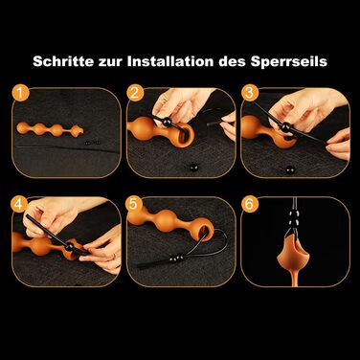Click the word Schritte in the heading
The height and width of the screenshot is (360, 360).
tap(63, 61)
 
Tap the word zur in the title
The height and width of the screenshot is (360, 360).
tap(110, 62)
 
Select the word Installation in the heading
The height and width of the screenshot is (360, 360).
tap(170, 61)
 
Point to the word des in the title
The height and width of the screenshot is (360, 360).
tap(232, 61)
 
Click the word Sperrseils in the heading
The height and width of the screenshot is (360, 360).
tap(289, 61)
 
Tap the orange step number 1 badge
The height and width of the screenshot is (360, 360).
tap(20, 93)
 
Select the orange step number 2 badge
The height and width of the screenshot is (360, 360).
tap(135, 93)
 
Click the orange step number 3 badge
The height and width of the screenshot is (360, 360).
tap(250, 93)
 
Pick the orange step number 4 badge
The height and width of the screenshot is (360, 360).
tap(19, 204)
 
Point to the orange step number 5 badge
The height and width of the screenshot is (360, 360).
tap(134, 204)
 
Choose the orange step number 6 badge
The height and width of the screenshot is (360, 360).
tap(250, 204)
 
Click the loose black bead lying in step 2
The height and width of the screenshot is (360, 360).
tap(193, 167)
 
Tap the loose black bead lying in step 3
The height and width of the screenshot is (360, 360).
tap(290, 170)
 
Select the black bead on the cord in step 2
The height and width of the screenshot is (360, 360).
tap(169, 123)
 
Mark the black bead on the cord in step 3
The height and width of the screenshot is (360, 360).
tap(284, 127)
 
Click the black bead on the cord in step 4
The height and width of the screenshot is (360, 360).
tap(69, 247)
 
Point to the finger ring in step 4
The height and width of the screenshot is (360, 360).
tap(114, 257)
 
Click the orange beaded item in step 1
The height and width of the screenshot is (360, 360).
tap(50, 128)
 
